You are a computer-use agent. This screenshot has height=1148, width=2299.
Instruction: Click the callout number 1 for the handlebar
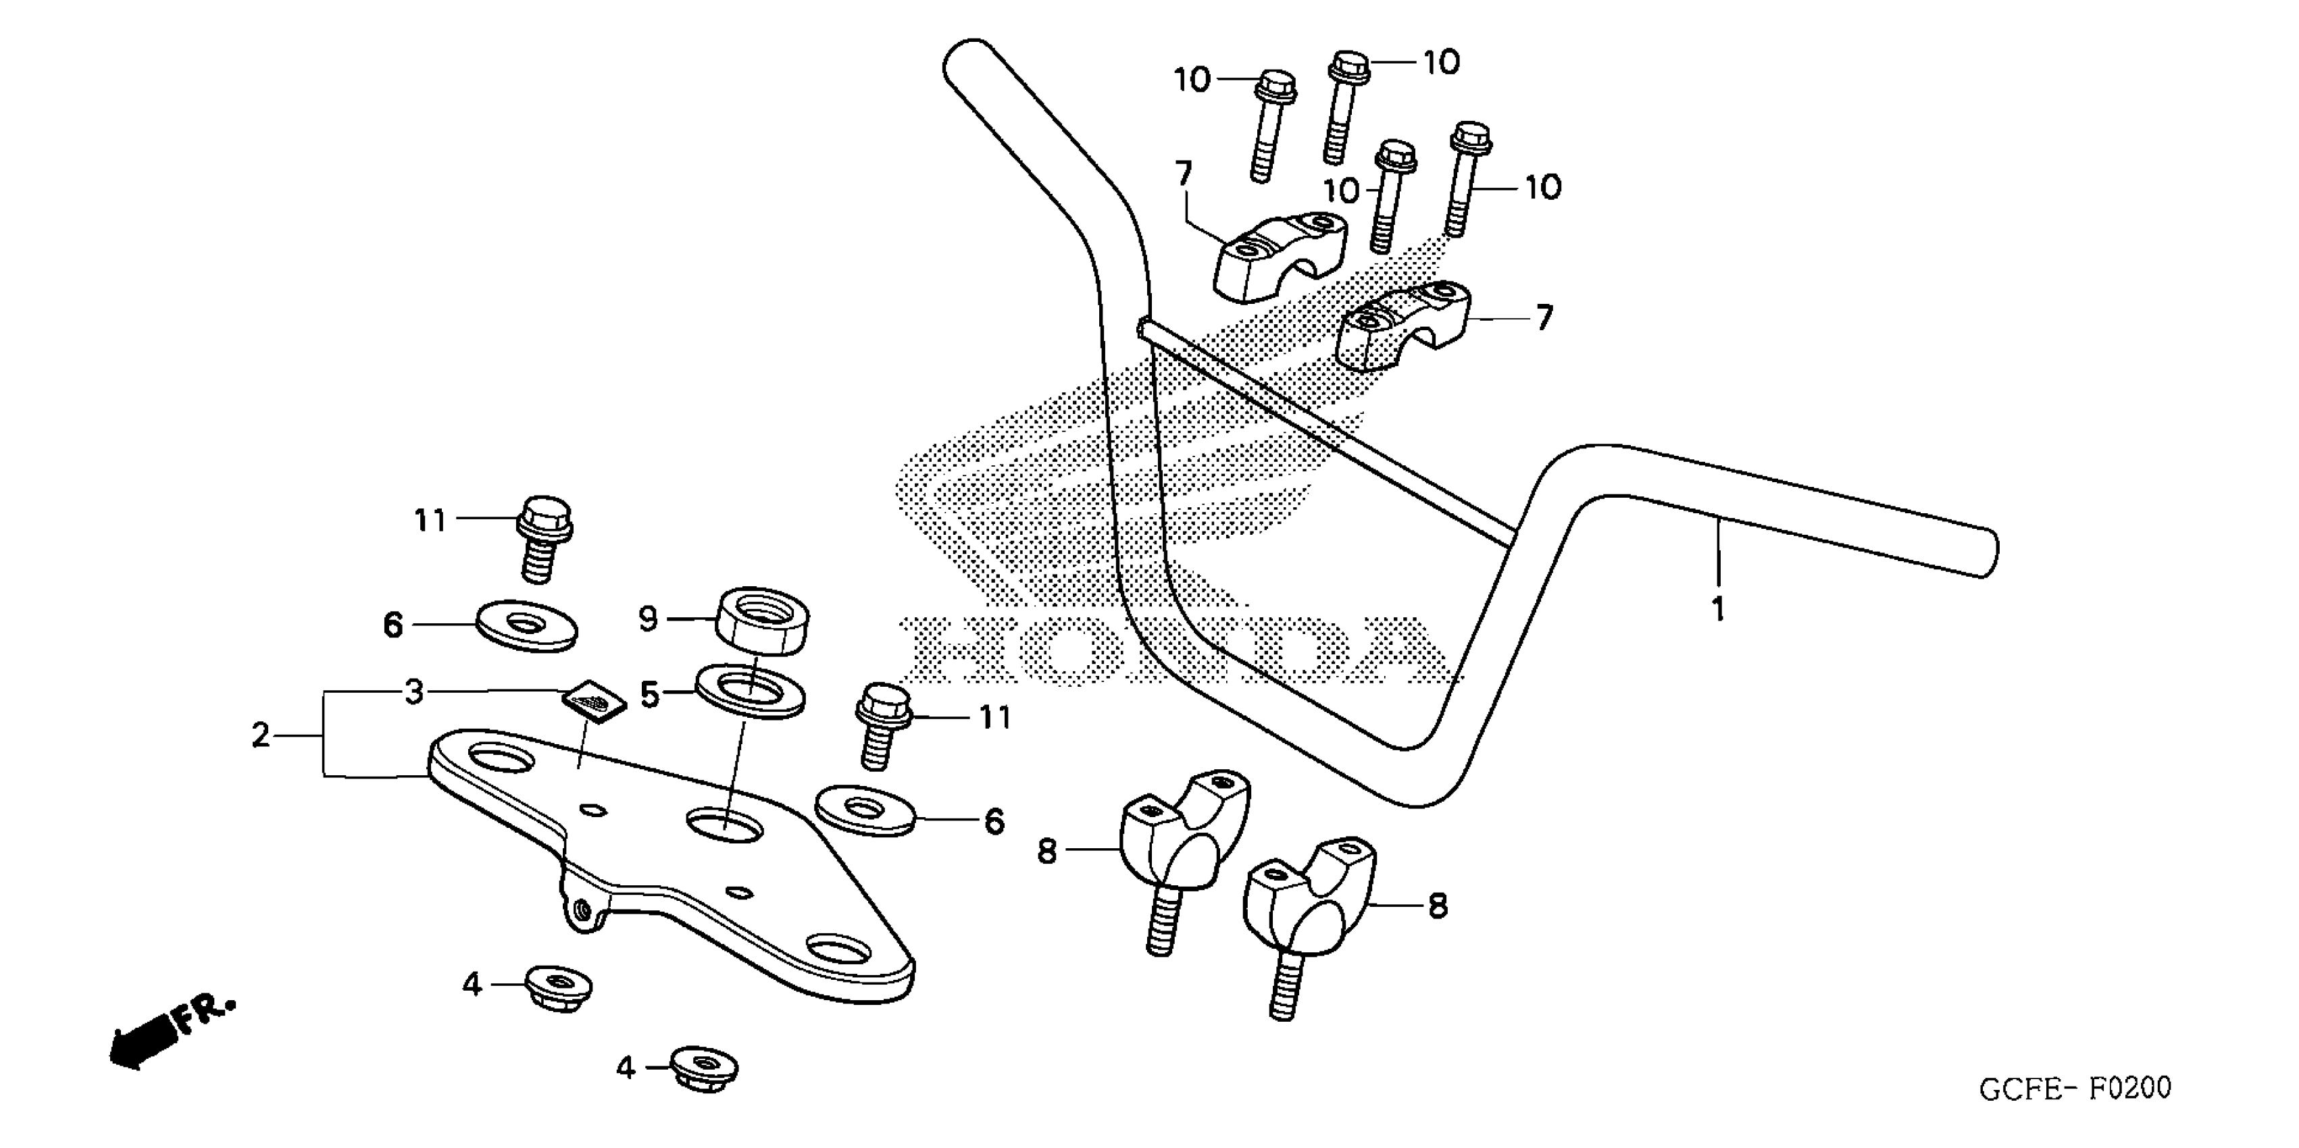pyautogui.click(x=1717, y=610)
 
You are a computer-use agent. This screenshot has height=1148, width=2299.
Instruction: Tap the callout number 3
pyautogui.click(x=413, y=692)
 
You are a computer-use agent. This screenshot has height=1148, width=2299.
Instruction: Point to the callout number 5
pyautogui.click(x=650, y=694)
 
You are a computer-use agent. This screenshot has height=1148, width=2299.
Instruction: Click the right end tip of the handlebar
pyautogui.click(x=1988, y=552)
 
